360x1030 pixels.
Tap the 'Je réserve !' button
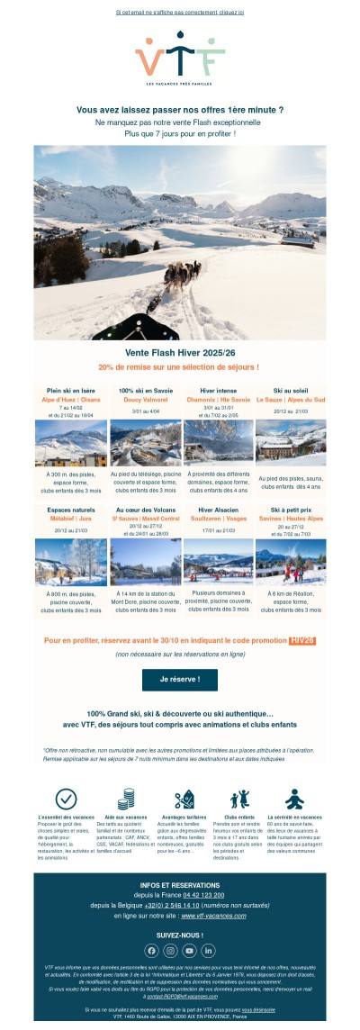(180, 678)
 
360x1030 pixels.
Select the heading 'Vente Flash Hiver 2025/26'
(180, 353)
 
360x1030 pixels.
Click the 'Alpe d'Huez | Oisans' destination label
(70, 399)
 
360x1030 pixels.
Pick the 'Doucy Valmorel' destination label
(144, 399)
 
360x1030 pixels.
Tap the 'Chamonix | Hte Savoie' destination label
(217, 399)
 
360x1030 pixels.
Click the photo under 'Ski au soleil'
(291, 441)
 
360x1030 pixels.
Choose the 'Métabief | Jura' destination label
(70, 519)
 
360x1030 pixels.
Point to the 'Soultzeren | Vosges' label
(217, 519)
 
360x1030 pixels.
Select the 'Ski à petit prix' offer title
(291, 510)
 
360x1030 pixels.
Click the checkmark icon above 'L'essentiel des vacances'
(66, 798)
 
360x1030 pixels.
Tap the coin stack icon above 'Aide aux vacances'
(126, 800)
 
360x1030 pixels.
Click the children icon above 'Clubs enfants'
(239, 799)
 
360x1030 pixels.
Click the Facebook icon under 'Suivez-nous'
(151, 950)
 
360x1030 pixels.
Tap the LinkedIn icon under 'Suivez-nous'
(209, 950)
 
